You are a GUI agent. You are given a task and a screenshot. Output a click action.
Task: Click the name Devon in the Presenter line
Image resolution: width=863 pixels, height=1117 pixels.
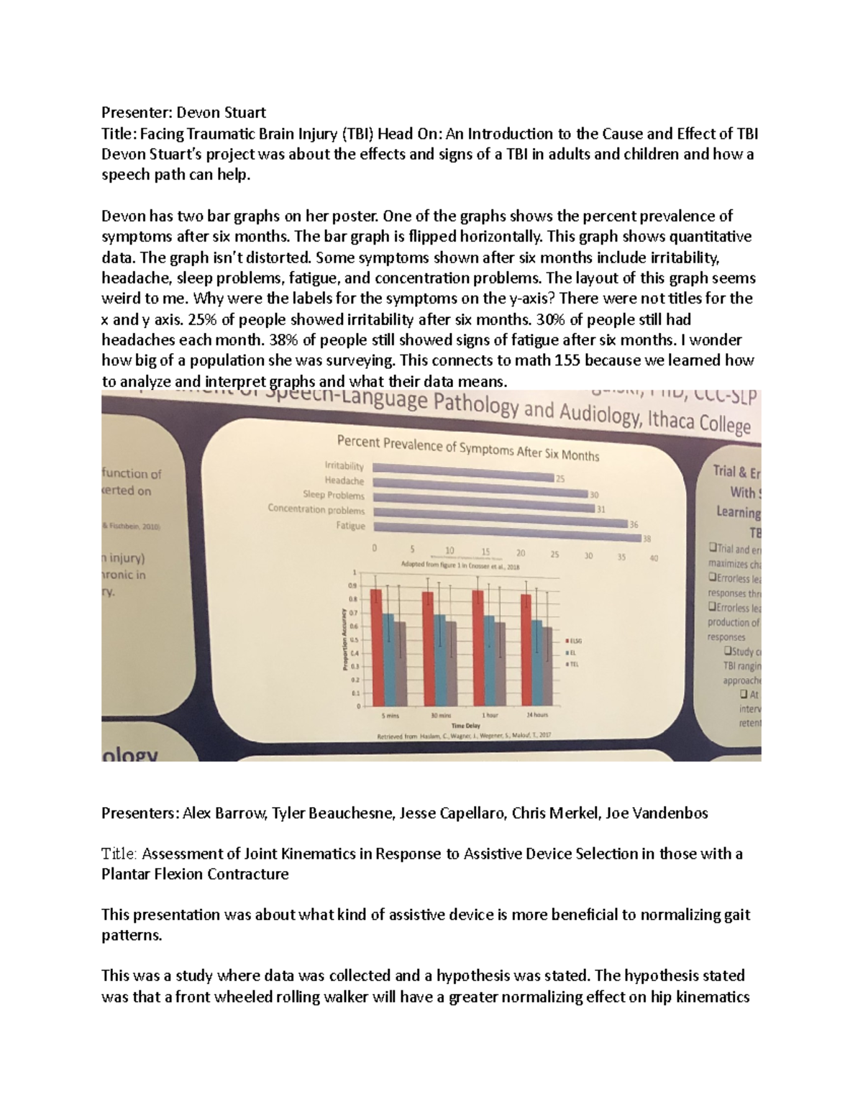[197, 112]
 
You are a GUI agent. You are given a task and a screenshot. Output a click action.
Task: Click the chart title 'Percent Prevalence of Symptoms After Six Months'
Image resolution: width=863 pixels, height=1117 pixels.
[468, 447]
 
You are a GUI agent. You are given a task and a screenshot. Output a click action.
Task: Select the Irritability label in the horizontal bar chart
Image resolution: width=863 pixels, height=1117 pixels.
[344, 466]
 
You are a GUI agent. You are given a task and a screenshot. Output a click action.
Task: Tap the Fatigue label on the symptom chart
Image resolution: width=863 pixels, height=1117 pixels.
[350, 526]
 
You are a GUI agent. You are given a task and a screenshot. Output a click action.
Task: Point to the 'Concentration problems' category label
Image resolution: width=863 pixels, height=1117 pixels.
[316, 509]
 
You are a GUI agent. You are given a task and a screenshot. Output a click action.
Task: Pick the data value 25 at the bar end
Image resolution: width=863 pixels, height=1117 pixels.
[560, 478]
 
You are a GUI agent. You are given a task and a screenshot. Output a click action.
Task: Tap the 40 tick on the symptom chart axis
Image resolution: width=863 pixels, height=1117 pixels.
[654, 558]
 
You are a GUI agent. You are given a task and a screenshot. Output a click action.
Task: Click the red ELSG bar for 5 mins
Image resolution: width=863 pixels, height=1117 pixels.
[375, 647]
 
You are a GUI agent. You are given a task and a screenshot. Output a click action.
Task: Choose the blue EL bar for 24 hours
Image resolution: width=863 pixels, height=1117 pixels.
[536, 662]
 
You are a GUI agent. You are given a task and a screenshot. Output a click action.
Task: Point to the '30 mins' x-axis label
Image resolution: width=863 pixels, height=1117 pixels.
[440, 716]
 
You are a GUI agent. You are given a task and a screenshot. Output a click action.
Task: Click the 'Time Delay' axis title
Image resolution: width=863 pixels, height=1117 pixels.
[465, 726]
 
